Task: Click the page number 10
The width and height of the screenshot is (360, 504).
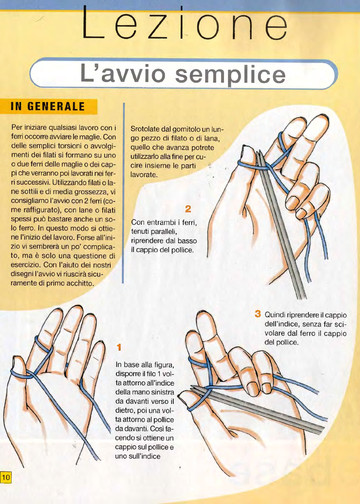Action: (x=6, y=490)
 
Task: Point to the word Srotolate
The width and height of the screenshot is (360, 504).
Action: (x=150, y=130)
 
